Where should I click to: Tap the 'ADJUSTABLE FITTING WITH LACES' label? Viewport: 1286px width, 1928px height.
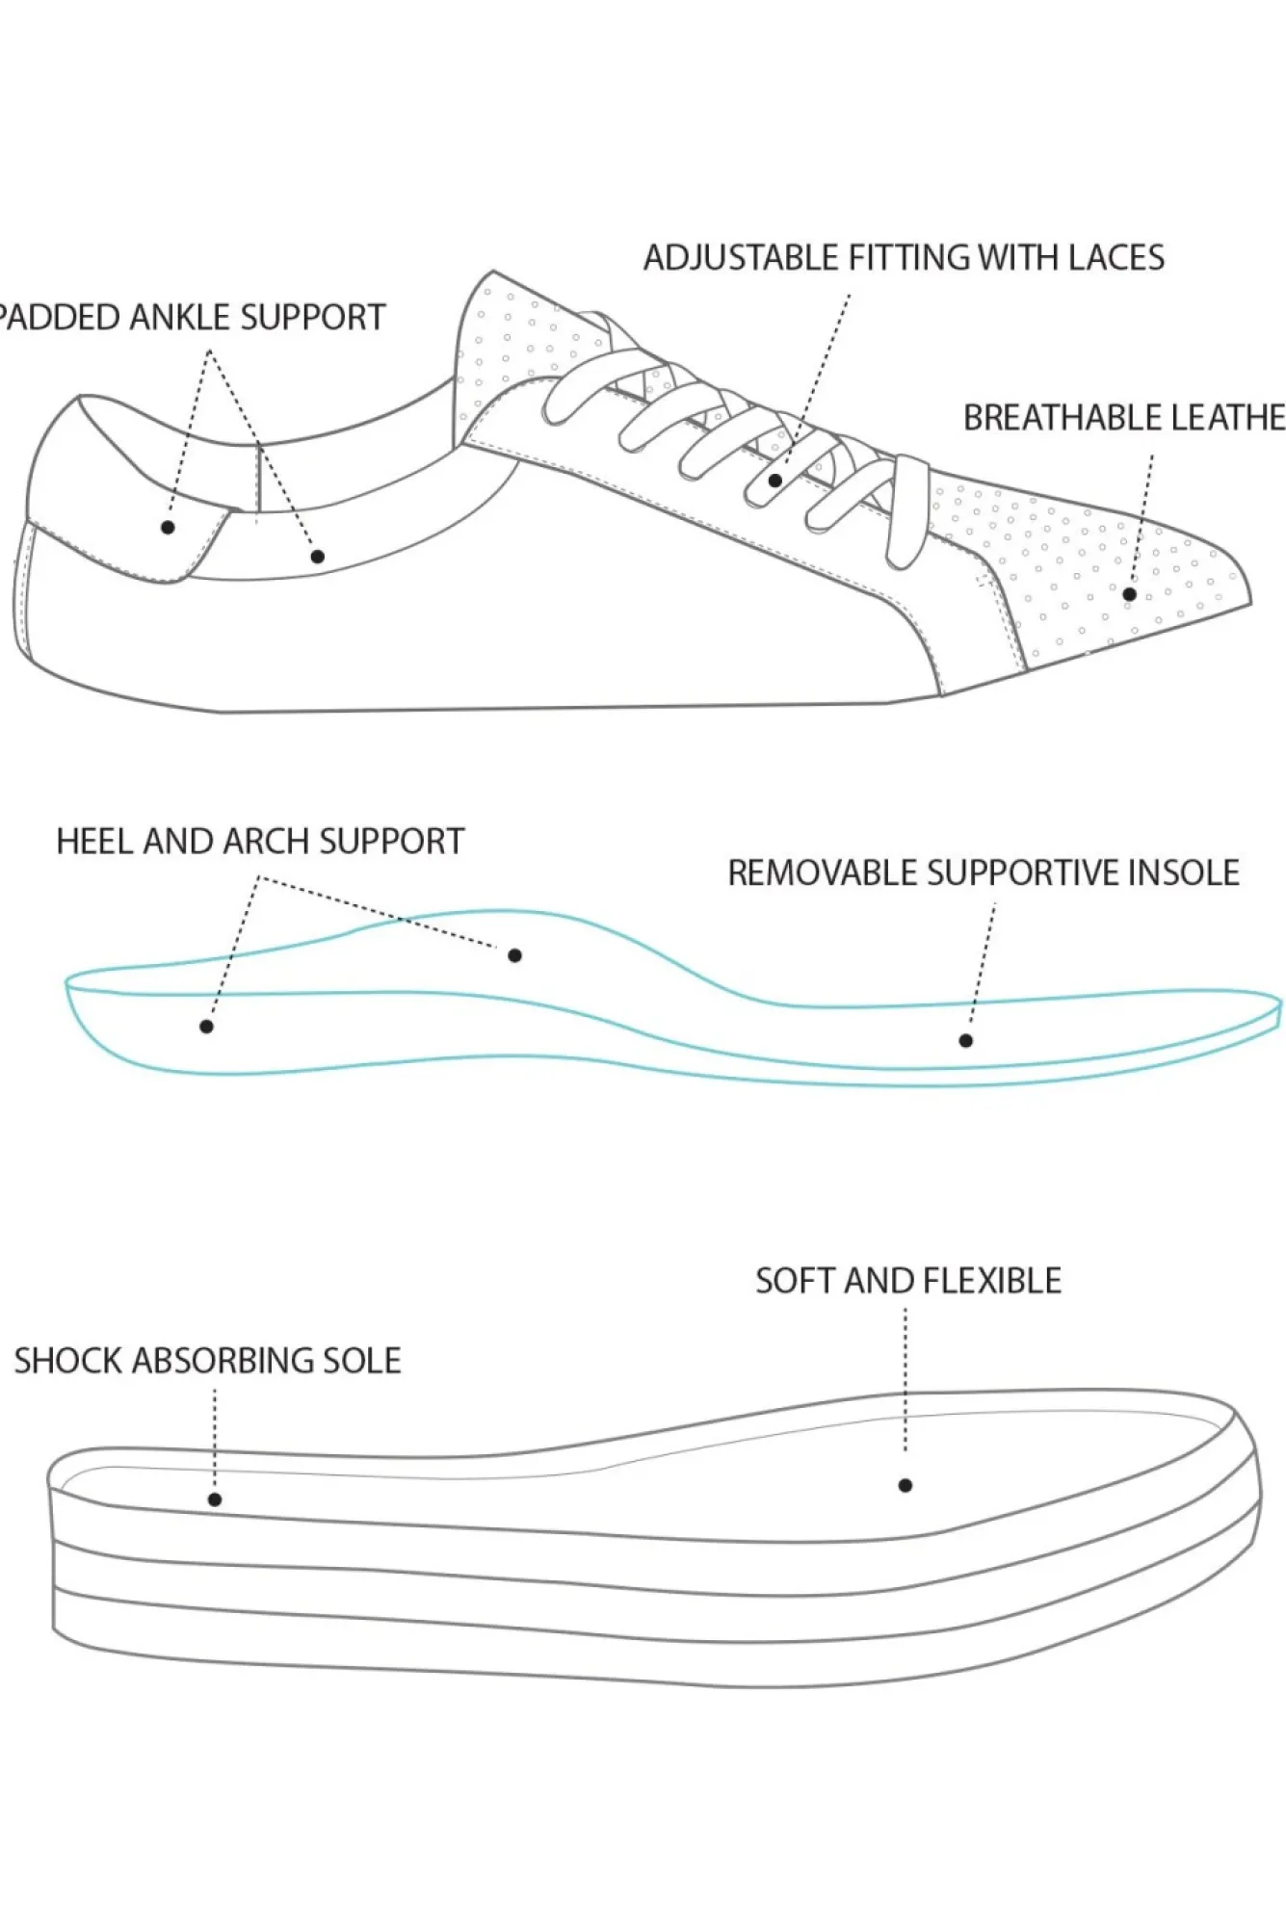coord(904,258)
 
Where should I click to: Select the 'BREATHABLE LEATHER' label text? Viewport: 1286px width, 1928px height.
coord(1123,418)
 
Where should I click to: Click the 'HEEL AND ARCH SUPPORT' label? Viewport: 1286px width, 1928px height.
coord(260,842)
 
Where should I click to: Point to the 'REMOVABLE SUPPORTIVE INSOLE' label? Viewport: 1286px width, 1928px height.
coord(983,873)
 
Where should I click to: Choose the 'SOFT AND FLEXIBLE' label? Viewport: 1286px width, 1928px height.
coord(907,1281)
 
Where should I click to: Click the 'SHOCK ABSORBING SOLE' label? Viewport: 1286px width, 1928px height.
coord(207,1361)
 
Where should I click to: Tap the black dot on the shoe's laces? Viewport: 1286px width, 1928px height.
coord(775,480)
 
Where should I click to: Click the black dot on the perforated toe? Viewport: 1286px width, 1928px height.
coord(1130,594)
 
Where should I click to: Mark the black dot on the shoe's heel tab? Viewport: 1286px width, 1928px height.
coord(168,527)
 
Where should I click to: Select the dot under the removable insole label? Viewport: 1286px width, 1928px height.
coord(965,1040)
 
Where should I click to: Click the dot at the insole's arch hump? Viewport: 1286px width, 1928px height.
coord(514,955)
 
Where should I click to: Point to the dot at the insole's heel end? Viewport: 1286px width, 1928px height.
coord(206,1027)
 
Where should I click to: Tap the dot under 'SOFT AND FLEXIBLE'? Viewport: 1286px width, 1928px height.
coord(905,1486)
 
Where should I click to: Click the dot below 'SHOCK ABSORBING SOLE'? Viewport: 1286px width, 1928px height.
coord(215,1499)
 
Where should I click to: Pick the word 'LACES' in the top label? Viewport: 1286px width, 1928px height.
coord(1115,258)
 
